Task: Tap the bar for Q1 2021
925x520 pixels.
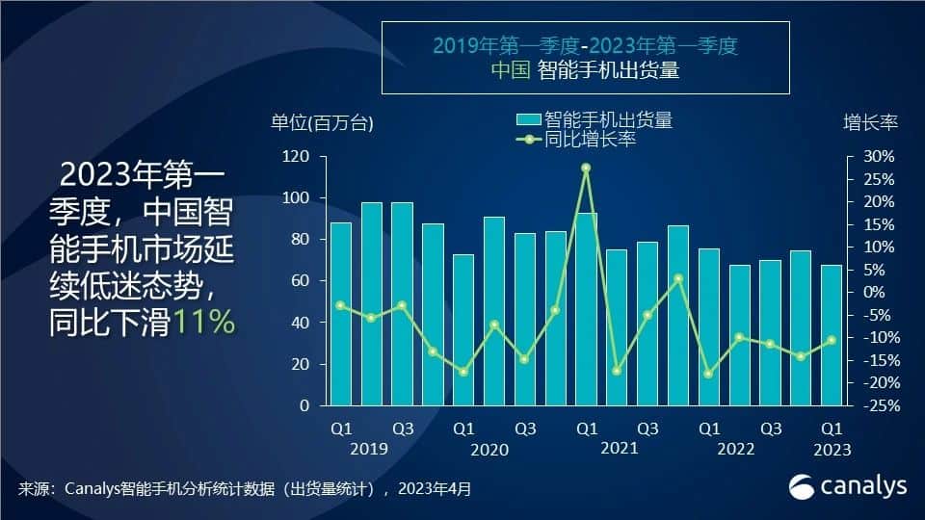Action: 586,308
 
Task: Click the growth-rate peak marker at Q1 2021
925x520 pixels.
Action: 586,168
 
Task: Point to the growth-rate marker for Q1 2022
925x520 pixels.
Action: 709,374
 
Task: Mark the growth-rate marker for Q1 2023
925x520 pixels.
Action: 832,340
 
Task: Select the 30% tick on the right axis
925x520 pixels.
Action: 878,156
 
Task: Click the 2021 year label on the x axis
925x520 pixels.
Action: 620,449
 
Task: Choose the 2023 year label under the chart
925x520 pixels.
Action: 832,449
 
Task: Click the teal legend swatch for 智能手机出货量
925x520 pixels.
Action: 529,120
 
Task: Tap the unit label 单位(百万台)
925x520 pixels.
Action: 322,122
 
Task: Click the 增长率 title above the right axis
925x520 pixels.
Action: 870,122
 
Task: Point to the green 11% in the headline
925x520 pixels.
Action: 205,323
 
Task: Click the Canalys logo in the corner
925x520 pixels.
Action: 848,486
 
